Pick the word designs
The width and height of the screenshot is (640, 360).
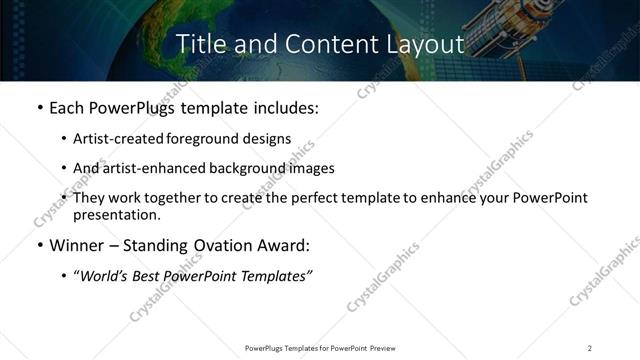coord(265,140)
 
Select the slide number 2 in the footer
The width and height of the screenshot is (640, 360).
coord(590,348)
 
